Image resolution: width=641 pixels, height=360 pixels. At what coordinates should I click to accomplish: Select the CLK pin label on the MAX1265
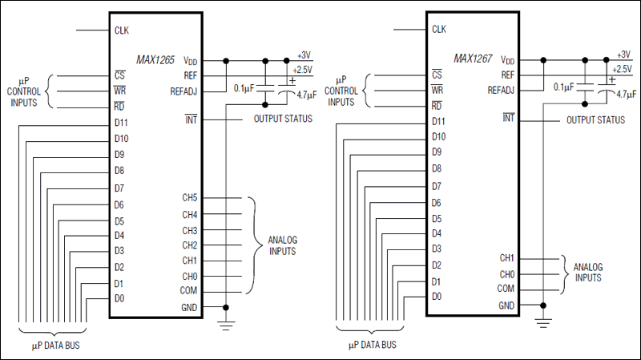click(122, 30)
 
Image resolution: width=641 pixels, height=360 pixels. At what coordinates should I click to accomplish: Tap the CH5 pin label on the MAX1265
click(189, 198)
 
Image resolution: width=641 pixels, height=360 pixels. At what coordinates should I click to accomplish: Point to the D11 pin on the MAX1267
click(437, 121)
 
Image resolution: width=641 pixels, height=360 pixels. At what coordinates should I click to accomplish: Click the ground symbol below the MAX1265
click(228, 323)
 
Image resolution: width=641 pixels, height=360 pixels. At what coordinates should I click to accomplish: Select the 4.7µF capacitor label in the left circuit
click(306, 95)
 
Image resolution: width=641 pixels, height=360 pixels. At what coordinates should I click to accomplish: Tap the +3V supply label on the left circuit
click(304, 55)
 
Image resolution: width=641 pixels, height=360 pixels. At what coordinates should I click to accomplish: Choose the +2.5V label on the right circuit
click(622, 69)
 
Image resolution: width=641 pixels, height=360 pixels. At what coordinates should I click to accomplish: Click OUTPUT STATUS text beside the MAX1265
click(283, 119)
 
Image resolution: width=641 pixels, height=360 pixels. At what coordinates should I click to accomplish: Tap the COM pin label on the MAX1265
click(188, 291)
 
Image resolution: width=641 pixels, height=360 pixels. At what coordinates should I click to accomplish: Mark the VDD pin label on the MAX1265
click(189, 61)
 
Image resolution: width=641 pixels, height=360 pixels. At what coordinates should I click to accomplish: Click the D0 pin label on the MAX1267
click(436, 297)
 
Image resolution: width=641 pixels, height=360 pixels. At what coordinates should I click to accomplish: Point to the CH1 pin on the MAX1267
click(506, 258)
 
